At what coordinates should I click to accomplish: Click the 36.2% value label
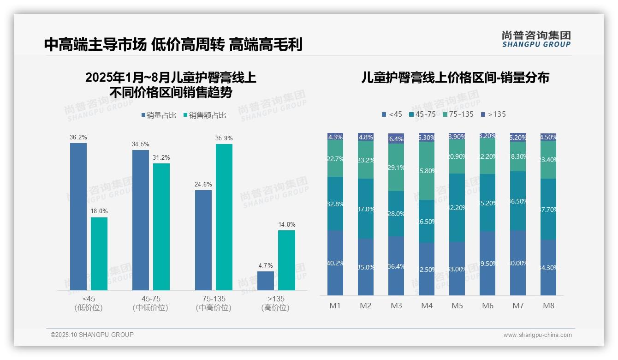tap(78, 138)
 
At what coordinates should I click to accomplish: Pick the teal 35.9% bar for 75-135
tap(224, 217)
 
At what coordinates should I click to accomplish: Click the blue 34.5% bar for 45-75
tap(141, 220)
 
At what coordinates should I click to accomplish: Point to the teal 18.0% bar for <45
tap(99, 253)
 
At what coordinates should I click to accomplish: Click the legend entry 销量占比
tap(158, 115)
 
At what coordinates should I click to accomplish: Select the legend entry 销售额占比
tap(204, 115)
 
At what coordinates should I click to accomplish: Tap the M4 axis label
tap(427, 306)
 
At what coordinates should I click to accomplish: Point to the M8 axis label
tap(548, 306)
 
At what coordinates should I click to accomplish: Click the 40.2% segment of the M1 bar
tap(335, 263)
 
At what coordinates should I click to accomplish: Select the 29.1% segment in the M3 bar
tap(396, 167)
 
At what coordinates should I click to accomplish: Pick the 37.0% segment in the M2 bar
tap(366, 209)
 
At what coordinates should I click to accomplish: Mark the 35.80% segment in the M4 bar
tap(427, 171)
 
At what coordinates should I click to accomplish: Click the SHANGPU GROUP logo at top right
tap(536, 39)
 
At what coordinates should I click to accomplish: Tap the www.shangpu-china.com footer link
tap(537, 335)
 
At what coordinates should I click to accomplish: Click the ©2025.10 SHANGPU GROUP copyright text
tap(92, 335)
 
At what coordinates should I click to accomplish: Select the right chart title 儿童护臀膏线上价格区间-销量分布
tap(455, 78)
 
